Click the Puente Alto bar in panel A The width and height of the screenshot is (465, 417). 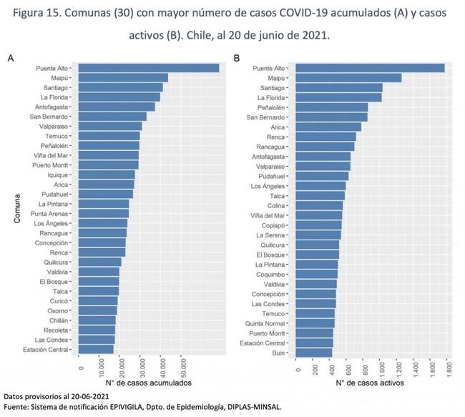[148, 68]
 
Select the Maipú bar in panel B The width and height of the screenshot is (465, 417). [348, 78]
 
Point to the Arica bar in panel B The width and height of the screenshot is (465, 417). [328, 127]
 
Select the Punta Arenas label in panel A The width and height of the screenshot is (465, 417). [49, 213]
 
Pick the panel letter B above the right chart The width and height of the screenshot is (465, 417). [237, 58]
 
